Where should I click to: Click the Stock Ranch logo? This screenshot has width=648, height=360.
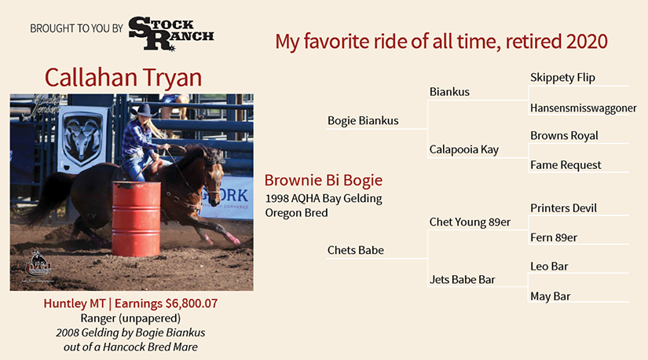171,34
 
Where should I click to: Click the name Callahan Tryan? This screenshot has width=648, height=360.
123,77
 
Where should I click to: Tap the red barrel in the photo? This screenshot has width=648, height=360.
137,218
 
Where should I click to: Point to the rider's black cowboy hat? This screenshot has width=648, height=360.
144,111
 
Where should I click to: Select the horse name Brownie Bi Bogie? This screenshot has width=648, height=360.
324,181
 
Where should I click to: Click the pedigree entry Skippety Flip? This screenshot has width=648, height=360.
562,78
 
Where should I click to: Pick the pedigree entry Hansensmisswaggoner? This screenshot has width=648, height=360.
583,108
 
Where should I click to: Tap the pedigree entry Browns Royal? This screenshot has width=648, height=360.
564,136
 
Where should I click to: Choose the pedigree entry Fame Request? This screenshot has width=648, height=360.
566,165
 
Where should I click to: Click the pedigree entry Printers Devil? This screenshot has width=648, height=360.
563,208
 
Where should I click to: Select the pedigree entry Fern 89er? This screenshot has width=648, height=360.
554,237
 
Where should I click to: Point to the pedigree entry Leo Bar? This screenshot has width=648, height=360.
549,266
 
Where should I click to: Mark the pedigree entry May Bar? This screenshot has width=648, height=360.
550,296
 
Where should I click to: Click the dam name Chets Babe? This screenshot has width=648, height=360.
355,250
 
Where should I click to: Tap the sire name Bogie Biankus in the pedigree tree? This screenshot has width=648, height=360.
363,121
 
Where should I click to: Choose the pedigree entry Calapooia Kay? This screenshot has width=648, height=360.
463,150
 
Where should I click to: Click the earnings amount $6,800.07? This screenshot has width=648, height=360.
192,303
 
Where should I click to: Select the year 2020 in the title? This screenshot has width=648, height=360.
587,42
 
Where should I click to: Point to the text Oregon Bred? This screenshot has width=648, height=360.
296,213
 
